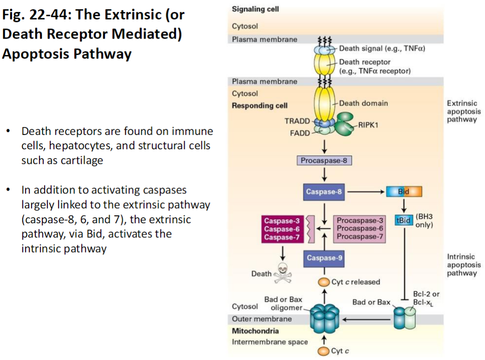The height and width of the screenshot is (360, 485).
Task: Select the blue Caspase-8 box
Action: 324,192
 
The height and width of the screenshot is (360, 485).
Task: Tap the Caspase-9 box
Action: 324,258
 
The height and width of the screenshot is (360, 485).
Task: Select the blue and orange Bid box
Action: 404,192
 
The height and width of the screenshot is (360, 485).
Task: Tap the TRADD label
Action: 297,121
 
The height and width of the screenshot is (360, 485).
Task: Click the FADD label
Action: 299,133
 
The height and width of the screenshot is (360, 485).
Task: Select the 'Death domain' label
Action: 363,103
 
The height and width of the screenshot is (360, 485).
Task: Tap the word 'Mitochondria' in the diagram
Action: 255,331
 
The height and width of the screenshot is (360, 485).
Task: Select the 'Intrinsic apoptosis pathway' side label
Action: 462,265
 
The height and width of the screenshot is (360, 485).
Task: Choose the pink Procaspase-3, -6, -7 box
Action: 360,228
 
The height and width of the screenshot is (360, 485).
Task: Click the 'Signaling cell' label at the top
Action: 255,9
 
